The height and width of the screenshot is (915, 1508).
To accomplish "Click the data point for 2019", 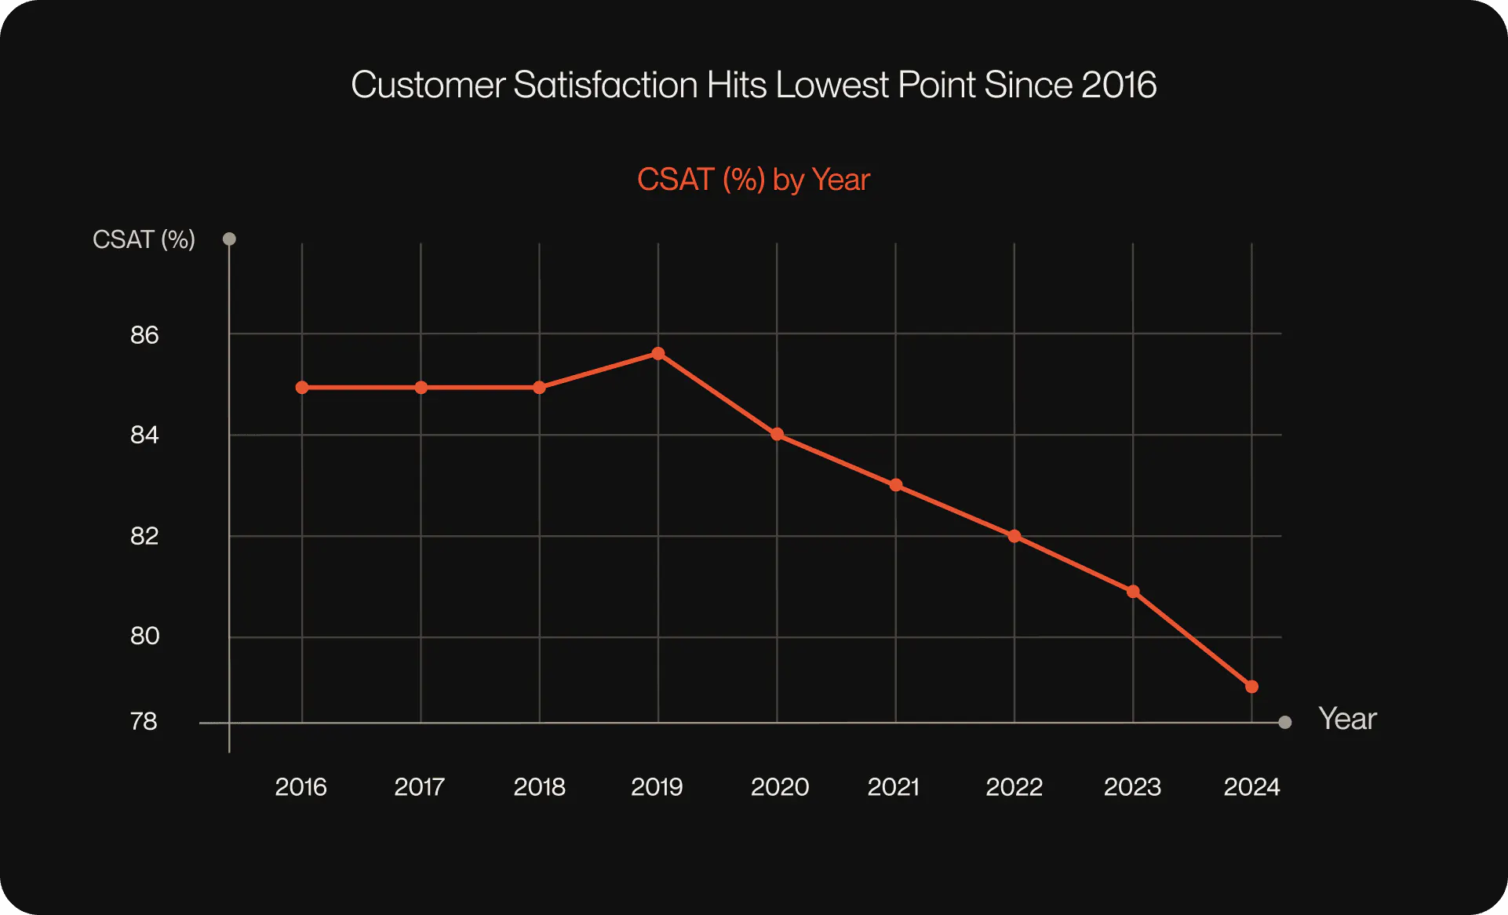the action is pos(658,354).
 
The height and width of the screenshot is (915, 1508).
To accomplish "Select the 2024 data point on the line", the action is pos(1251,687).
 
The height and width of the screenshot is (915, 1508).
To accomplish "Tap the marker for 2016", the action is pos(302,388).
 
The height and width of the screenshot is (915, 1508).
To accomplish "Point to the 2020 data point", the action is pos(777,434).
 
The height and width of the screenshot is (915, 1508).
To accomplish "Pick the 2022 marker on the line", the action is pos(1014,536).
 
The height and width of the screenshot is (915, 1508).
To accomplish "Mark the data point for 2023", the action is pos(1133,592).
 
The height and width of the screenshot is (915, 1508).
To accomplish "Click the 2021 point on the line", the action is pos(896,485).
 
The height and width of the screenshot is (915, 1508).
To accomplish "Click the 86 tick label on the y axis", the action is pos(144,335).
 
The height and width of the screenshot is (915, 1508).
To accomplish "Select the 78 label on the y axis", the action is pos(144,721).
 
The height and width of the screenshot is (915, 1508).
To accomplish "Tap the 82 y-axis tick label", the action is pos(144,536).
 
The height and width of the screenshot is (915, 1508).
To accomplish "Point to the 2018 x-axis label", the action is pos(539,786).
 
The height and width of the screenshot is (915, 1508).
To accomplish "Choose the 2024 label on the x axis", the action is pos(1251,786).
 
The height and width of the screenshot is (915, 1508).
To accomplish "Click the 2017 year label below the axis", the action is pos(419,786).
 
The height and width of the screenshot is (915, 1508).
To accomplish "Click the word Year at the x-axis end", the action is pos(1347,719).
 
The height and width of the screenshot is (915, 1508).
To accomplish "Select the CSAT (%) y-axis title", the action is pos(144,239).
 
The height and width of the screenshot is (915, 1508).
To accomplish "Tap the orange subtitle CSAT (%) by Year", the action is pos(753,180).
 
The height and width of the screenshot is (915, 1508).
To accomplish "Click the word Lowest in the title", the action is pos(832,85).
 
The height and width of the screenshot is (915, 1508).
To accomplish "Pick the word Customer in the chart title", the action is pos(428,85).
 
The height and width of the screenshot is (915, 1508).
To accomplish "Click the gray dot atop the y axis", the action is pos(229,239).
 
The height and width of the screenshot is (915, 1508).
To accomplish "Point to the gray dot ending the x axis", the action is pos(1285,722).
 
